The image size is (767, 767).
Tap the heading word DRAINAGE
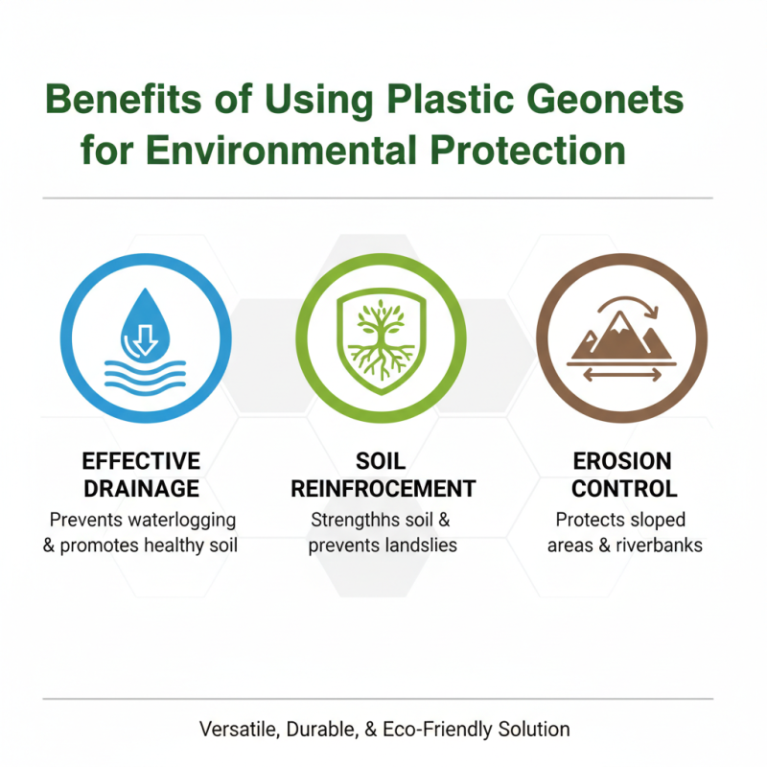141,488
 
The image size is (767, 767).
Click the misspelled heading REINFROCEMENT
383,488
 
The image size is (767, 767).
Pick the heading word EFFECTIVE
141,461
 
